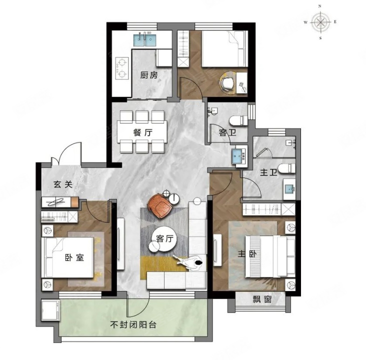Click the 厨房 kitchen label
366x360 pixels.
pyautogui.click(x=148, y=75)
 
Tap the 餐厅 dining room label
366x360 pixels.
pyautogui.click(x=143, y=132)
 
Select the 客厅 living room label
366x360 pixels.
pyautogui.click(x=165, y=238)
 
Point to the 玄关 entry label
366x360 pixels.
pyautogui.click(x=63, y=184)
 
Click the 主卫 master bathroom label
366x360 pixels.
pyautogui.click(x=268, y=172)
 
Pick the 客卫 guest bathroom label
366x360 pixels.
pyautogui.click(x=227, y=132)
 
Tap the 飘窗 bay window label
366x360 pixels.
pyautogui.click(x=262, y=299)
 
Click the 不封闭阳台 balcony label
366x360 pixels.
pyautogui.click(x=133, y=324)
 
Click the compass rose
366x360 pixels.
pyautogui.click(x=321, y=22)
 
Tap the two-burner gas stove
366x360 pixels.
pyautogui.click(x=122, y=68)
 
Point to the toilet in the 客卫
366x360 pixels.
pyautogui.click(x=238, y=120)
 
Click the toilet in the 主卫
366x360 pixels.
pyautogui.click(x=286, y=168)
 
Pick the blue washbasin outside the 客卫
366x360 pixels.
pyautogui.click(x=239, y=155)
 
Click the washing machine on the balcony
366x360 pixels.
pyautogui.click(x=50, y=310)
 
